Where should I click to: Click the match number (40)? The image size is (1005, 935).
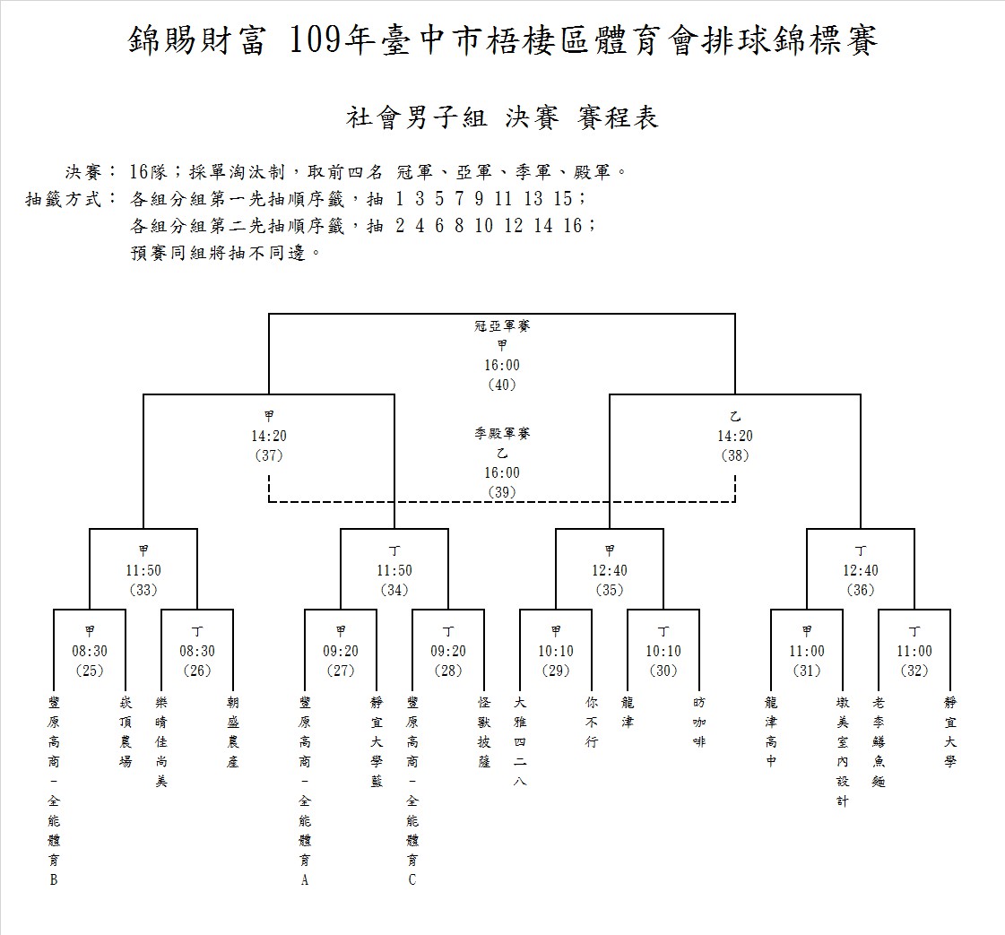coord(502,385)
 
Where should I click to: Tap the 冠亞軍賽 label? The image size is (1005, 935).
coord(502,325)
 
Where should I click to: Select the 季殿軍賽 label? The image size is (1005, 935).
coord(502,433)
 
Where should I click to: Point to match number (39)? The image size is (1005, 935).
coord(502,492)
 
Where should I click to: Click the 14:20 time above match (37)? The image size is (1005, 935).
coord(269,436)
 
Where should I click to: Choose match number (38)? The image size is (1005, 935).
coord(734,455)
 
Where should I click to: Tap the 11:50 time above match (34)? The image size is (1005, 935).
coord(394,570)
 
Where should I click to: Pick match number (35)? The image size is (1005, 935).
coord(609,590)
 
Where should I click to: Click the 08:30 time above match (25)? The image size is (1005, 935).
coord(89,651)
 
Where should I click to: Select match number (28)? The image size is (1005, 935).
coord(448,671)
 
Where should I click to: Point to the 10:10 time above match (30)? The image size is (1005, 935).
coord(663,651)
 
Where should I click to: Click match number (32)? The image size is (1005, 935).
coord(914,671)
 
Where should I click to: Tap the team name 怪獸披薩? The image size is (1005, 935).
coord(484,732)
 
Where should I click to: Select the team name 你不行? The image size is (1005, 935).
coord(592,723)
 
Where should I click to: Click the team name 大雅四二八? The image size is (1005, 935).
coord(520,742)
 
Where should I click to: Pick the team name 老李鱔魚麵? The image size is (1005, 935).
coord(878,742)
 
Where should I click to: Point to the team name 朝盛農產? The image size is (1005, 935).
coord(233,732)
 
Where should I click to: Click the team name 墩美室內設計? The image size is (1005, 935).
coord(842,752)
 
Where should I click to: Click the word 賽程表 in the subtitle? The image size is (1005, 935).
coord(617,117)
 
